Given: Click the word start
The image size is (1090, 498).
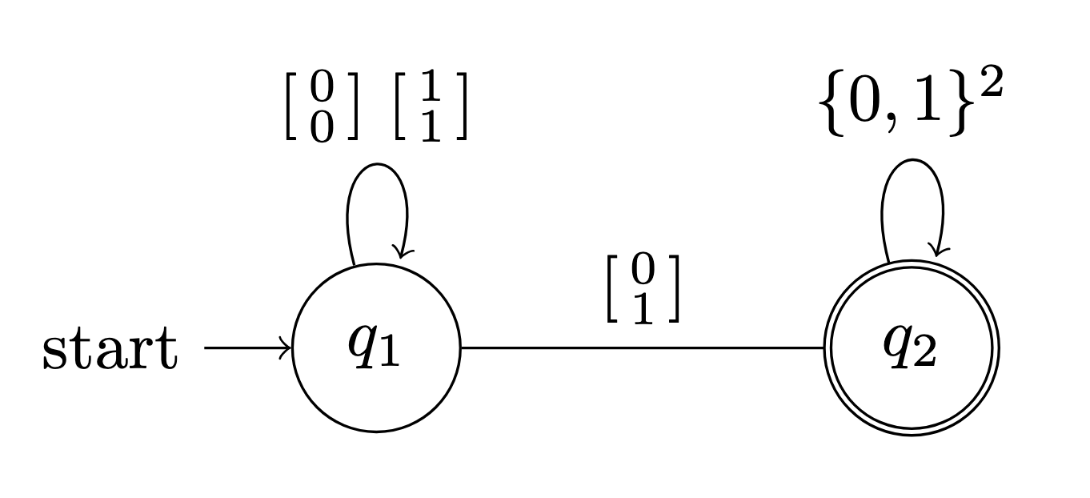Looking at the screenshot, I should (x=109, y=351).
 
